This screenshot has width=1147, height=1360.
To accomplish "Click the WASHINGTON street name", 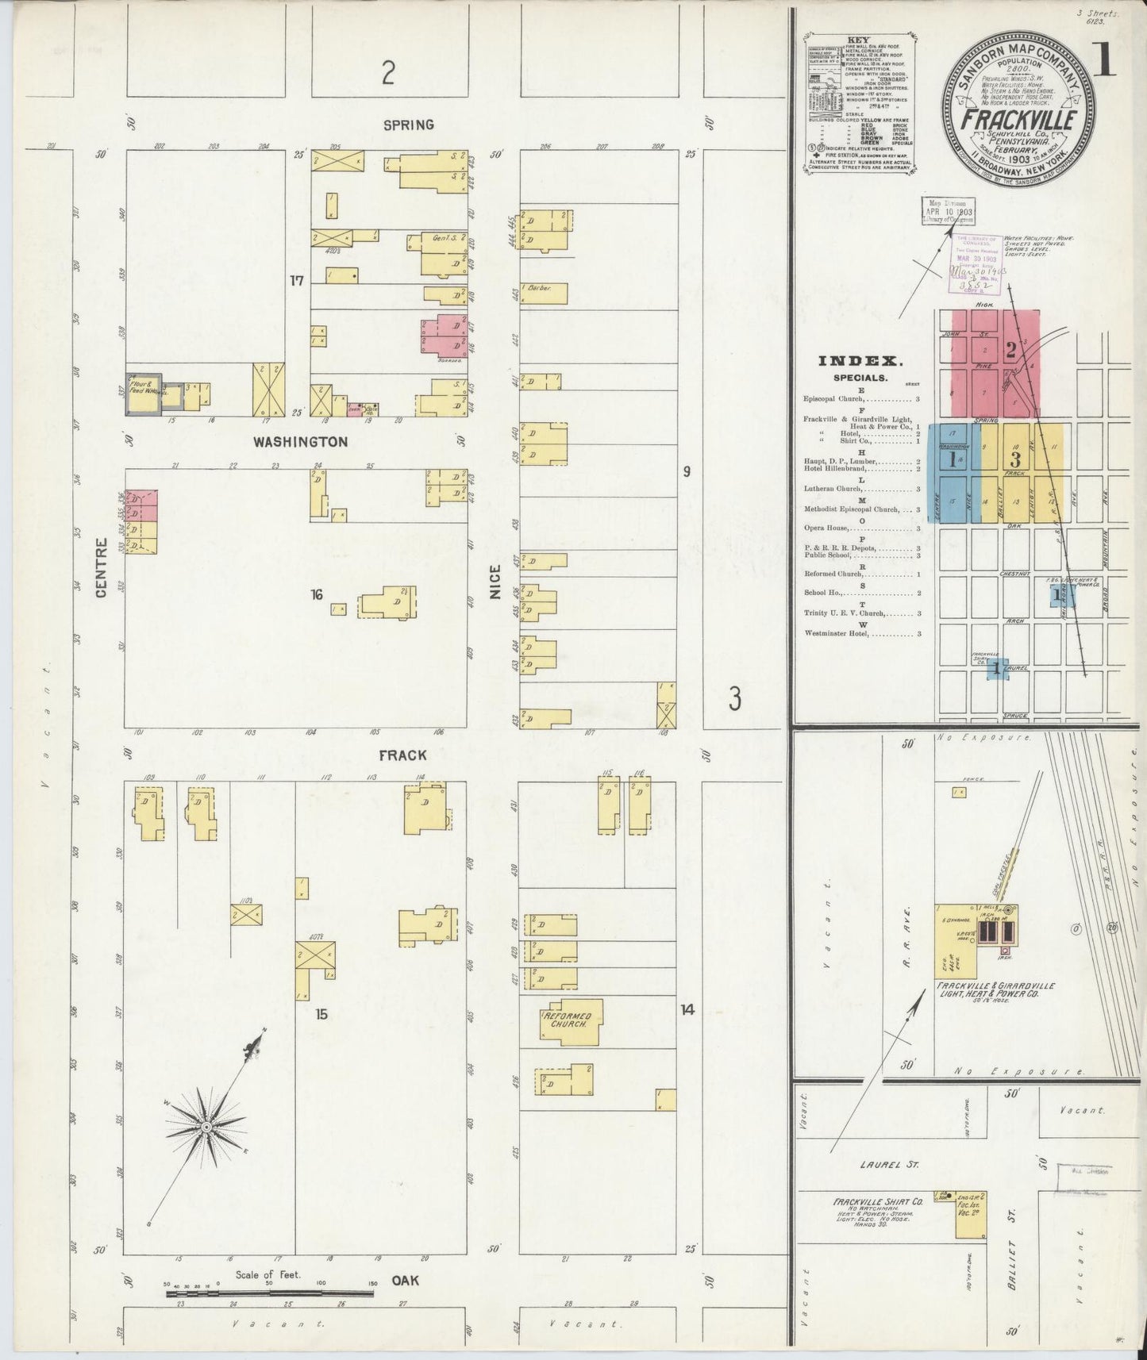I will tap(300, 442).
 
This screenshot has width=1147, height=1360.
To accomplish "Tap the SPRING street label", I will tap(408, 125).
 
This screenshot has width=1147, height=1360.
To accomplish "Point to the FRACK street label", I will tap(402, 755).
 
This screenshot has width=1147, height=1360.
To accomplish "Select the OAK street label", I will tap(404, 1281).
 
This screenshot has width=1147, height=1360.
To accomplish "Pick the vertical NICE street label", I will tap(495, 581).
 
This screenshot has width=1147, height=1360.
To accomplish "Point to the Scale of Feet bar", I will tap(270, 1293).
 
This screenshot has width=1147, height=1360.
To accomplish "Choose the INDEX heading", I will tap(860, 361).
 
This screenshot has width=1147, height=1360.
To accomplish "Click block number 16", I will tap(317, 594).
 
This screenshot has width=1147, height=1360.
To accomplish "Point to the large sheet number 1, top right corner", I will tap(1104, 63).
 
